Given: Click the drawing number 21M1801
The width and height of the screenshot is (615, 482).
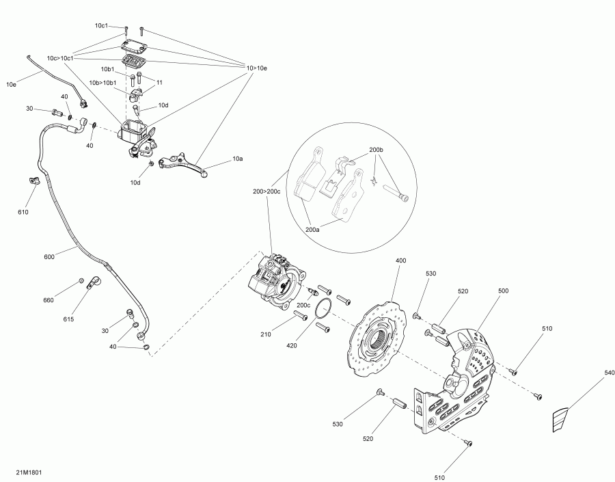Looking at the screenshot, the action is coord(29,472).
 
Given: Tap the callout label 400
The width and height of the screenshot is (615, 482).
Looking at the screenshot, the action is coord(401,260).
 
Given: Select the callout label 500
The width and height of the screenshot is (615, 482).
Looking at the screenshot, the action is coord(503,291).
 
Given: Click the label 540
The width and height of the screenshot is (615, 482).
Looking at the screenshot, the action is coord(609,373).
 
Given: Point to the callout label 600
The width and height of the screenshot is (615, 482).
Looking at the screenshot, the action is coord(49,257).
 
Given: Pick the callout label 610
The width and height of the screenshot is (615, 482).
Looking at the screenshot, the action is coord(23,213).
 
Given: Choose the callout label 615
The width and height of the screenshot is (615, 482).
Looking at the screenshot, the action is coord(68,319).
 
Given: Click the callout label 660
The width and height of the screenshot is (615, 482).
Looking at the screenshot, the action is coord(49,300).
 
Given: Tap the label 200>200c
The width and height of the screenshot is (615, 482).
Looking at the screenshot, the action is coord(266,191).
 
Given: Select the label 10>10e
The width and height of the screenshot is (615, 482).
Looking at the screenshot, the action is coord(256,68).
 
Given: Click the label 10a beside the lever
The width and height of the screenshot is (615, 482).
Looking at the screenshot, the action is coord(237,159).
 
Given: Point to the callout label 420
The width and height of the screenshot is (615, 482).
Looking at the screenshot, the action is coord(291,346).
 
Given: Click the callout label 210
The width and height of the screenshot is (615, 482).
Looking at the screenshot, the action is coord(266,334).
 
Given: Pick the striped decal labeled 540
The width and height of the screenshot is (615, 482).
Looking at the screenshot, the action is coord(560,420).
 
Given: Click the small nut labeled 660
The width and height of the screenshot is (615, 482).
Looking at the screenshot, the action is coord(81,280).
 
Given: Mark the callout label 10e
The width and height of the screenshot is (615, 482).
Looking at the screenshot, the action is coord(11,84).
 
